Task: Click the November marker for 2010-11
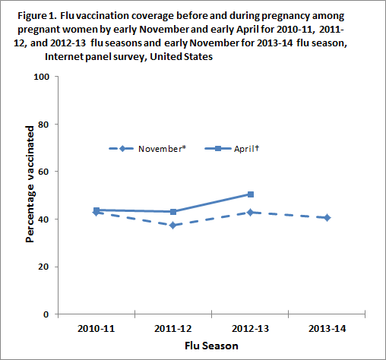tap(96, 213)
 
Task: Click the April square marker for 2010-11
tap(96, 210)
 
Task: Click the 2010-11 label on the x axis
tap(96, 329)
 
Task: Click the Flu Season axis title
tap(212, 346)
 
